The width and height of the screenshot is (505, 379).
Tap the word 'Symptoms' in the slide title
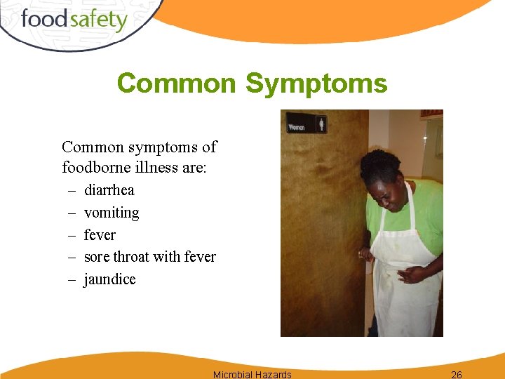point(316,84)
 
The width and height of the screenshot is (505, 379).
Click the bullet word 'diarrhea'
point(109,190)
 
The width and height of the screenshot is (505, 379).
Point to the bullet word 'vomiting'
point(112,213)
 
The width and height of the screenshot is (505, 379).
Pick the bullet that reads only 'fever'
point(100,235)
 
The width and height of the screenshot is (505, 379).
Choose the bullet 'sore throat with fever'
point(149,257)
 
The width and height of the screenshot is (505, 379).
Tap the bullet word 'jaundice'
point(109,279)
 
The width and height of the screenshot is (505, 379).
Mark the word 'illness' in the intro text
point(151,168)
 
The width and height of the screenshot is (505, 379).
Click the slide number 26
point(456,374)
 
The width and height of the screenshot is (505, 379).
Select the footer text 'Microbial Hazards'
point(252,374)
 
